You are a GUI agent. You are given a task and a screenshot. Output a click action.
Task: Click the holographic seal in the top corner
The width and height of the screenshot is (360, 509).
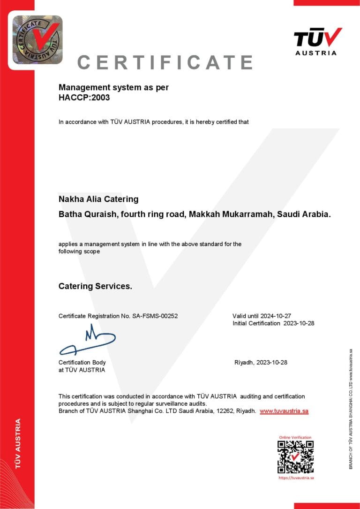click(37, 40)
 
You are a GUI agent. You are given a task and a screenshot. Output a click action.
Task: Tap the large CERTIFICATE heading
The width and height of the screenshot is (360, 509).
click(165, 62)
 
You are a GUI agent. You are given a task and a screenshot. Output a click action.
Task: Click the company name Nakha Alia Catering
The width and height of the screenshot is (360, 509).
click(98, 199)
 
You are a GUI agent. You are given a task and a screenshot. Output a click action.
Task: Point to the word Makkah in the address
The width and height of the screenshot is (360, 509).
click(203, 214)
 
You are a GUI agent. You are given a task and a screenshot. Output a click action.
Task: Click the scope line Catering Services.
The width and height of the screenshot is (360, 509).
click(95, 286)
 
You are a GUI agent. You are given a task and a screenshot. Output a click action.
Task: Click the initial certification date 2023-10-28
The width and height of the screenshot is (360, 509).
click(298, 323)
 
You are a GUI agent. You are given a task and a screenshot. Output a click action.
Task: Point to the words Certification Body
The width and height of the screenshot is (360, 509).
click(82, 362)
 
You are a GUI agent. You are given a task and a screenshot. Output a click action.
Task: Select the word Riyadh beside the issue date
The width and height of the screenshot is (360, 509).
click(244, 363)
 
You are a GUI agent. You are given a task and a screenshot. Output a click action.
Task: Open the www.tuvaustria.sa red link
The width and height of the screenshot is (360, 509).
click(284, 411)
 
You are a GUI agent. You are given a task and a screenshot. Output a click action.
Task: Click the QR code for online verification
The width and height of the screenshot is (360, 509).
click(295, 457)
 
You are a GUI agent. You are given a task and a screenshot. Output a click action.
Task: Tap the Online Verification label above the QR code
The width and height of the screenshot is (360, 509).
click(295, 437)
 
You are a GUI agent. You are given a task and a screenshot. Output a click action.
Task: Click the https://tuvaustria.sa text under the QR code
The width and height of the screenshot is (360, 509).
click(296, 478)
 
